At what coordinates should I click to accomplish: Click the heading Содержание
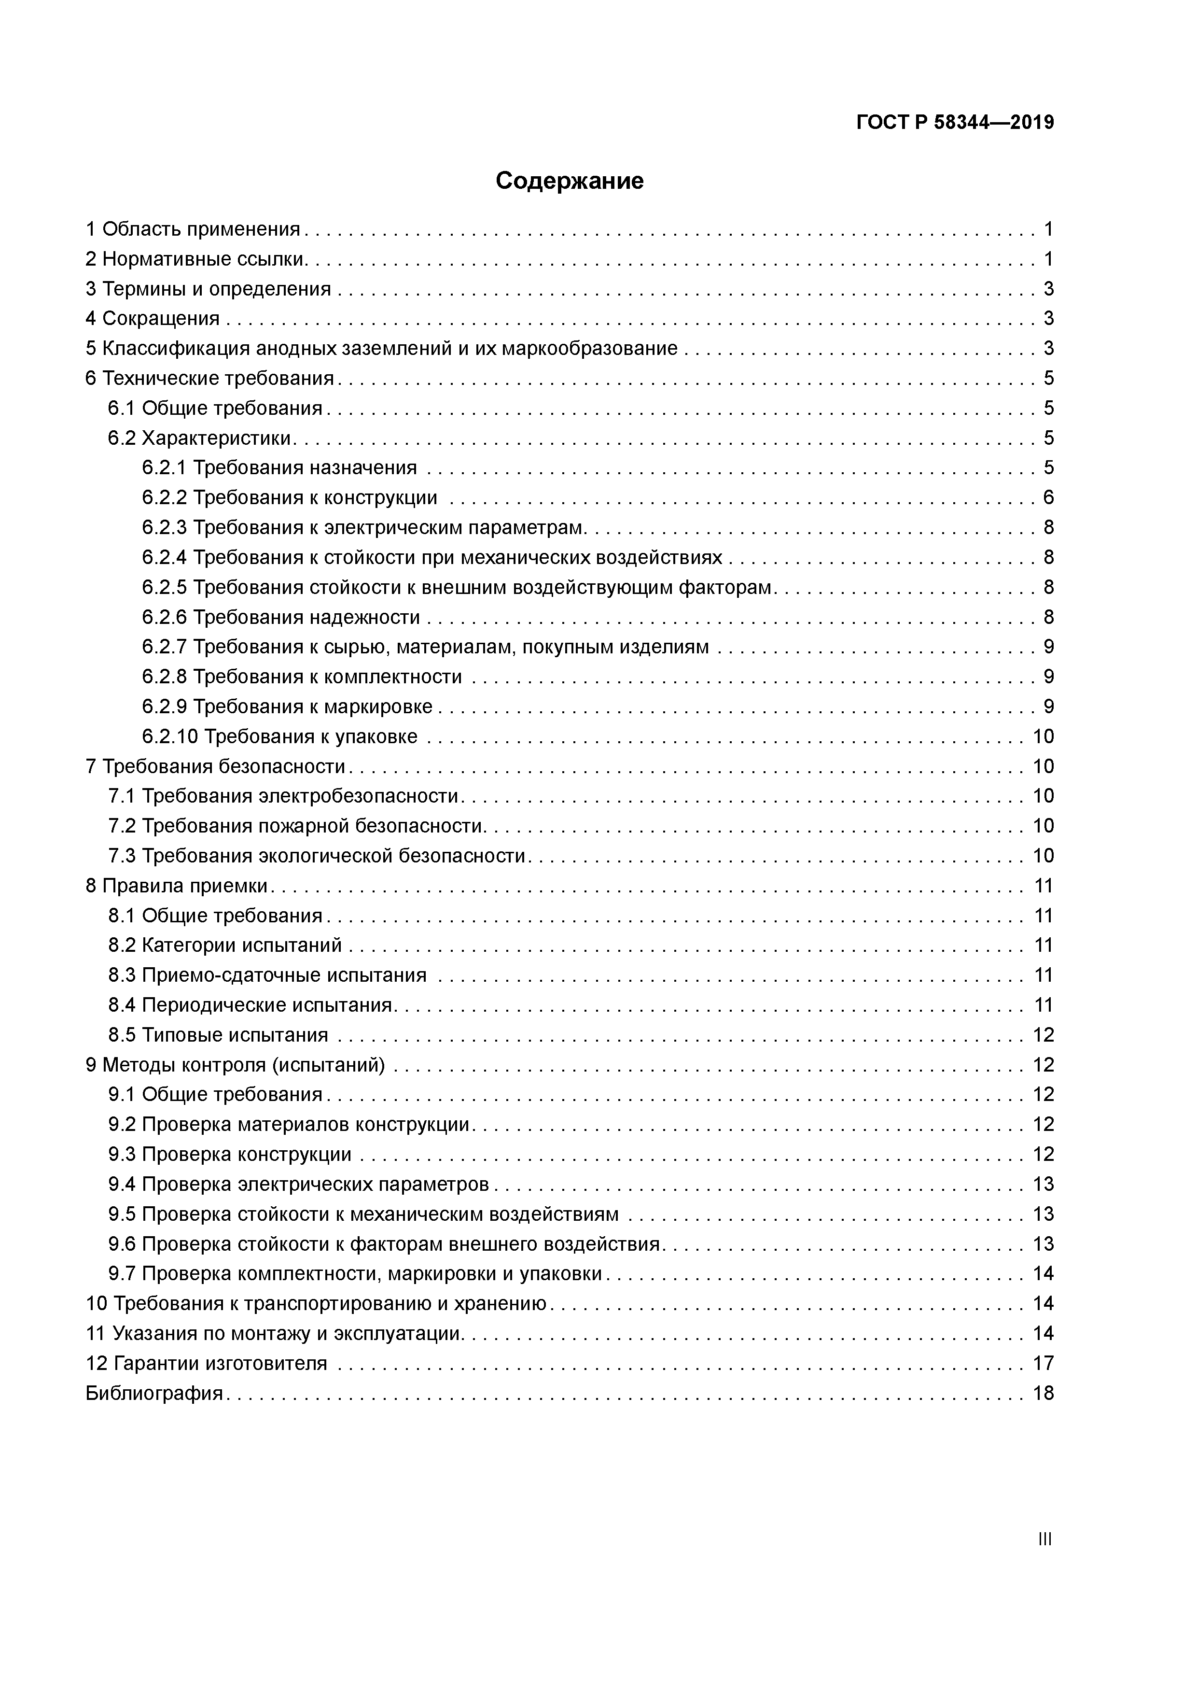tap(570, 181)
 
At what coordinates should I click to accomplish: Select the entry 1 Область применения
tap(193, 229)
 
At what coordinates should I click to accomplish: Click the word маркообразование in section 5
tap(589, 348)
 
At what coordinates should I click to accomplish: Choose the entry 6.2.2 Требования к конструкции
tap(290, 498)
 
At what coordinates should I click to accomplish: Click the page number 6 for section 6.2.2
tap(1048, 498)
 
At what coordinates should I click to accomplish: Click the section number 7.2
tap(122, 826)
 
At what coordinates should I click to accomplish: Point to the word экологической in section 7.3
tap(327, 856)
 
